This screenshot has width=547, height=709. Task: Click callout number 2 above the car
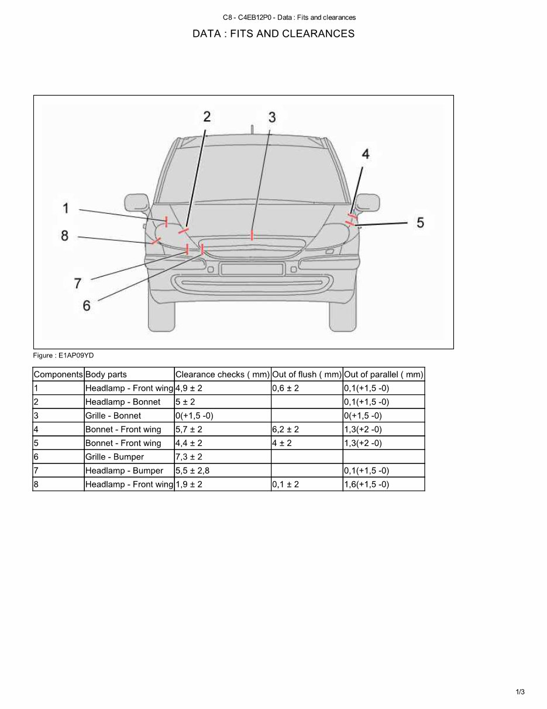coord(207,117)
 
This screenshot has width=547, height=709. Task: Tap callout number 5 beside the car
coord(420,223)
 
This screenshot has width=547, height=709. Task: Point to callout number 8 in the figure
coord(64,236)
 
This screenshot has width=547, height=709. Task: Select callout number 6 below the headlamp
coord(87,305)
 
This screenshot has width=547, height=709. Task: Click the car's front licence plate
coord(252,269)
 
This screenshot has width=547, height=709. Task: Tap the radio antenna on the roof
coord(252,129)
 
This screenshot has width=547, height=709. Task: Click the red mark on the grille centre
coord(252,235)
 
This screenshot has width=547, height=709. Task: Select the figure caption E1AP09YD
coord(63,355)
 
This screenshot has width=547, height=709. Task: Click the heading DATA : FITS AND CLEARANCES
coord(273,33)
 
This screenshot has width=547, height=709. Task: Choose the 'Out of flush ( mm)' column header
coord(307,374)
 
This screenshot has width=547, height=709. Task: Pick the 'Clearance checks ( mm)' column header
coord(222,374)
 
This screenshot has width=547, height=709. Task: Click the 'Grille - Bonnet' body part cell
coord(113,416)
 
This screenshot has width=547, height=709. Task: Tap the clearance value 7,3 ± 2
coord(188,457)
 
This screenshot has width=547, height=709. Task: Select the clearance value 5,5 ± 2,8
coord(192,471)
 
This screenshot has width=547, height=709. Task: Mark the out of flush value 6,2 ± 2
coord(285,430)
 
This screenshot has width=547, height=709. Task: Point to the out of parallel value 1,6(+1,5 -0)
coord(366,485)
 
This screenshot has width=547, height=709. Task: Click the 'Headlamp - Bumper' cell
coord(124,471)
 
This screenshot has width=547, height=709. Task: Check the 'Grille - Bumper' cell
coord(115,457)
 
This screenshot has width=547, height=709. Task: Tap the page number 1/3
coord(520,692)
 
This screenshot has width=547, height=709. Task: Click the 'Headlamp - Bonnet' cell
coord(123,402)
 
